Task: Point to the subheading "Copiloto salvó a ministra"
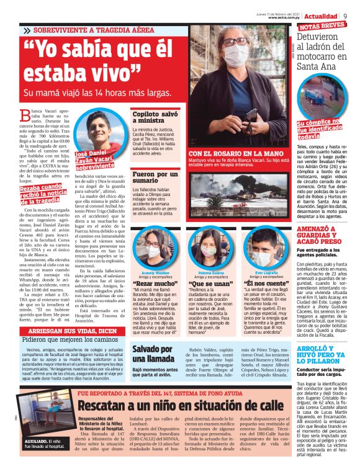tap(155, 117)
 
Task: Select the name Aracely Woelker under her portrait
tap(156, 272)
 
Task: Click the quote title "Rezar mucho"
tap(156, 283)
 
